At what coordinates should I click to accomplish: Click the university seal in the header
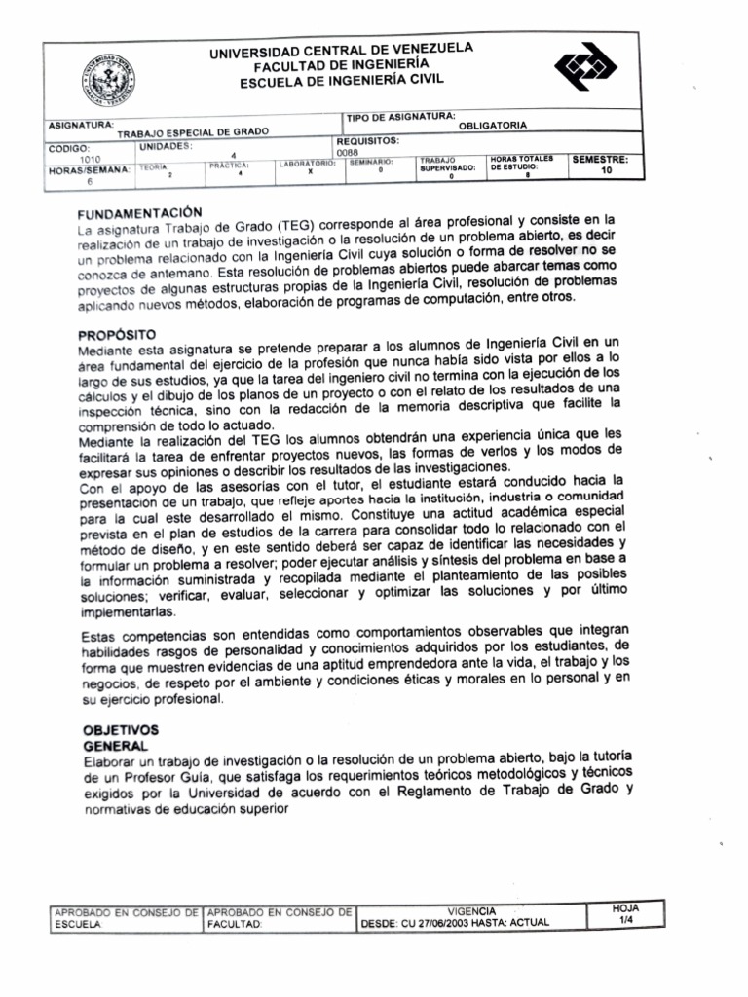coord(108,79)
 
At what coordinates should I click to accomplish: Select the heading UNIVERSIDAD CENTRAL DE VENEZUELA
coord(341,51)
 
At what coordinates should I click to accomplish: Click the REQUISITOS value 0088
coord(347,153)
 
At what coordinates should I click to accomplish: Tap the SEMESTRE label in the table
coord(600,158)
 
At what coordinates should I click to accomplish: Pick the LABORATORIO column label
coord(308,164)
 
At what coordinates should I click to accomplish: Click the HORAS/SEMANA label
coord(89,170)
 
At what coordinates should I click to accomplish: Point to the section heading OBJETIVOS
coord(120,729)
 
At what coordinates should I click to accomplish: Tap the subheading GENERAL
coord(115,745)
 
